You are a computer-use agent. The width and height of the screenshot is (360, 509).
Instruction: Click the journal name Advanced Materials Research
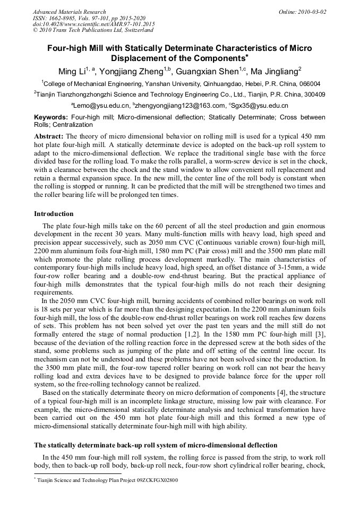click(69, 12)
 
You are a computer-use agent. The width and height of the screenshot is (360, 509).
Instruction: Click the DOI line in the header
click(93, 24)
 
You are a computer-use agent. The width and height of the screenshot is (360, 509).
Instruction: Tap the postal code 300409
click(313, 94)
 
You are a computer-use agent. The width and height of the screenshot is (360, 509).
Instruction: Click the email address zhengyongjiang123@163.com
click(175, 106)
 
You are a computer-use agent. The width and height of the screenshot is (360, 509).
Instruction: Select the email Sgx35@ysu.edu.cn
click(260, 106)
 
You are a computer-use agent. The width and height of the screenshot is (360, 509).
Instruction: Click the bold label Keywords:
click(50, 117)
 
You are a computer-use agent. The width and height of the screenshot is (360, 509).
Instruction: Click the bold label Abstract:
click(49, 136)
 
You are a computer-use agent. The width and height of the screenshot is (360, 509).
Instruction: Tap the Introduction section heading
click(54, 214)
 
